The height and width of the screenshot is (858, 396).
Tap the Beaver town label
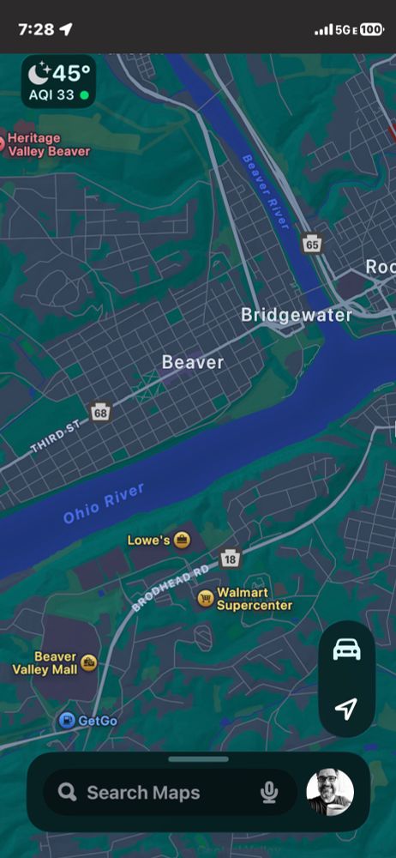[x=192, y=362]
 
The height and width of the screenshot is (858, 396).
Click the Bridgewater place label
[x=296, y=315]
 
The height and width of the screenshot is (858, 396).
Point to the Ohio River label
[x=104, y=503]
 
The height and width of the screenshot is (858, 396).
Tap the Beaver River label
[x=266, y=190]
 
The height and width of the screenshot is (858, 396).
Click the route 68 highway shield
[x=101, y=412]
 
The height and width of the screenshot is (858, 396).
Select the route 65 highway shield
[x=311, y=245]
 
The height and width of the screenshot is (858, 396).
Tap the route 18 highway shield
[x=230, y=559]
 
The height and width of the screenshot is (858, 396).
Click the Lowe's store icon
[x=182, y=541]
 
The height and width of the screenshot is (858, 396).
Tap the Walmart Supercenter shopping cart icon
[x=205, y=598]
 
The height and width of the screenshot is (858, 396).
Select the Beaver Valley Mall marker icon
[x=89, y=662]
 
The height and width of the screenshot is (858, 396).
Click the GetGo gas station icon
[x=66, y=720]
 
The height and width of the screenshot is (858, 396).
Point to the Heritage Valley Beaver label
[x=48, y=144]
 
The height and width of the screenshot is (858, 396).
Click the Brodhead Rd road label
[x=171, y=587]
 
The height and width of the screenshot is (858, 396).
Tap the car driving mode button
[x=346, y=650]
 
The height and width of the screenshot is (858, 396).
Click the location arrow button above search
[x=346, y=709]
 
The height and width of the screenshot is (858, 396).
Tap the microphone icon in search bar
[x=269, y=792]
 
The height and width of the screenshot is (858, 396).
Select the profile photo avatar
[x=330, y=792]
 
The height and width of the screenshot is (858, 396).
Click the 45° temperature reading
[x=71, y=74]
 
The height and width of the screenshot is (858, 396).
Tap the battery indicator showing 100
[x=372, y=29]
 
